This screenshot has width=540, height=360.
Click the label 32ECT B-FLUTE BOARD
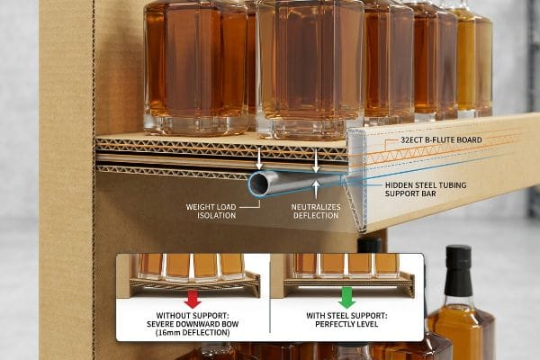441,139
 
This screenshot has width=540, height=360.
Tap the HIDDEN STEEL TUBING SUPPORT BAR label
426,189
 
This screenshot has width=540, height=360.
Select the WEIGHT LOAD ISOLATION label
211,211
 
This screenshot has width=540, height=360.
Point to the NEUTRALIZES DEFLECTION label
316,211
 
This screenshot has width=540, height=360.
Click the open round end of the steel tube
258,184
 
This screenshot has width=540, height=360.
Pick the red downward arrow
193,299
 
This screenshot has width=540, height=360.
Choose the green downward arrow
346,298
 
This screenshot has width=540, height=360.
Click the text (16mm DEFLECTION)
193,333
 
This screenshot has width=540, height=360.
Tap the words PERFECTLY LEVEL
346,324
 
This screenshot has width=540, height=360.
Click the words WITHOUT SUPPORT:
193,315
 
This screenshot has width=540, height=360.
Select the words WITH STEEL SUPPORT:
346,315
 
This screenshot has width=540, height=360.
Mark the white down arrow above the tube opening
259,158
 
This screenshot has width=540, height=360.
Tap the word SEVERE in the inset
159,324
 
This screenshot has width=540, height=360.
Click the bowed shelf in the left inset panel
194,284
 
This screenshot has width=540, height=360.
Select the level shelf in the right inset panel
348,283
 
